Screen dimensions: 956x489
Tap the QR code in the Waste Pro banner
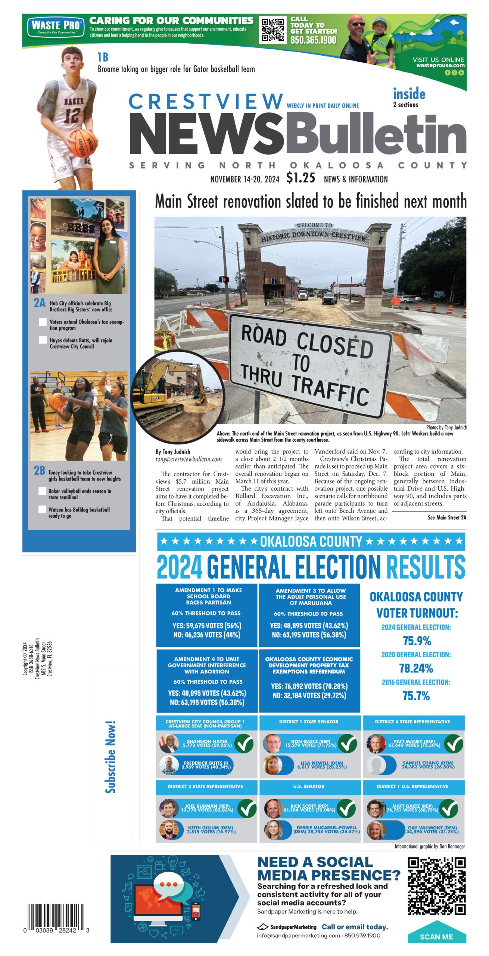[272, 30]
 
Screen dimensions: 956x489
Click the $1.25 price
[300, 178]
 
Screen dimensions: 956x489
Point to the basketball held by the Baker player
[83, 143]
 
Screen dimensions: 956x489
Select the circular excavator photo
[178, 396]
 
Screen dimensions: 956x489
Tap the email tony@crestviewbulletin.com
[189, 459]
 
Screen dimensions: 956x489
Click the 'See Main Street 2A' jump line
[447, 518]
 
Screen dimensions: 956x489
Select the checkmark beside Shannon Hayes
[243, 743]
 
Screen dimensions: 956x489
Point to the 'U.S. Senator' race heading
[309, 786]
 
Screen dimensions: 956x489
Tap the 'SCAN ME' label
[436, 937]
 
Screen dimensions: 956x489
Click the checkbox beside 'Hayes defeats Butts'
[43, 340]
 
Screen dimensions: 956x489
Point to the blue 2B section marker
[40, 471]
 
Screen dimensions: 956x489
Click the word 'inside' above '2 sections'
[409, 94]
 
